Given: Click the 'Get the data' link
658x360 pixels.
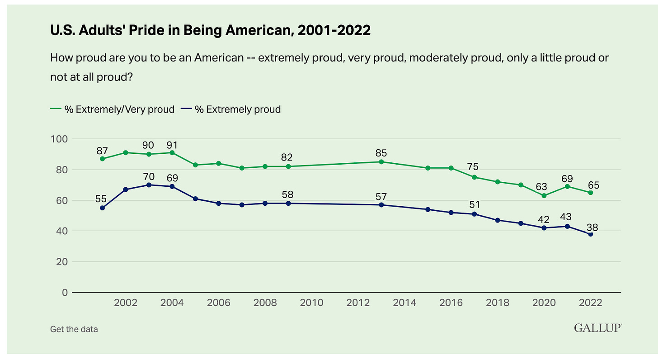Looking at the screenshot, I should (x=74, y=329).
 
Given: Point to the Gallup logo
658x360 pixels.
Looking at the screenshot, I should (x=597, y=328).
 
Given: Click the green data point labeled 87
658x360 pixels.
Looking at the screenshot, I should (x=103, y=159).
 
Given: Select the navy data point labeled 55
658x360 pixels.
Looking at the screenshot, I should (x=103, y=208).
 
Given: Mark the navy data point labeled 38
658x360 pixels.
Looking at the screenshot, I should (x=590, y=234).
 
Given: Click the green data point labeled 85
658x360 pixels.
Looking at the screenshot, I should (x=381, y=161).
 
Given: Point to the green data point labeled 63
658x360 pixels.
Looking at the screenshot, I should (x=544, y=195).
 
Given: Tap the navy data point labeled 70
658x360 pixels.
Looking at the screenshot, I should (x=149, y=185).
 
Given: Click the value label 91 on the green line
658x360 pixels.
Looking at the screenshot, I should (x=172, y=145).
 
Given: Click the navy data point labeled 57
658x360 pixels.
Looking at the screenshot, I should (x=381, y=205).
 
